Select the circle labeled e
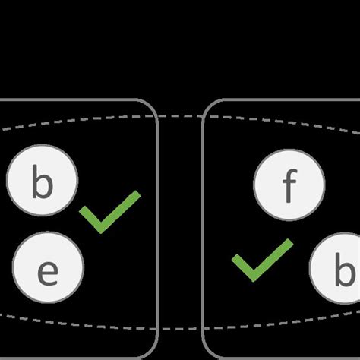point(48,270)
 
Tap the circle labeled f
point(289,185)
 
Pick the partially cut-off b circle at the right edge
point(338,270)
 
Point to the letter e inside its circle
point(48,271)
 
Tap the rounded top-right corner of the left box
point(152,106)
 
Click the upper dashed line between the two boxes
point(180,115)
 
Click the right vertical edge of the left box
point(157,228)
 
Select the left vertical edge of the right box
point(202,228)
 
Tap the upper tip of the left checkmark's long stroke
point(137,194)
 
